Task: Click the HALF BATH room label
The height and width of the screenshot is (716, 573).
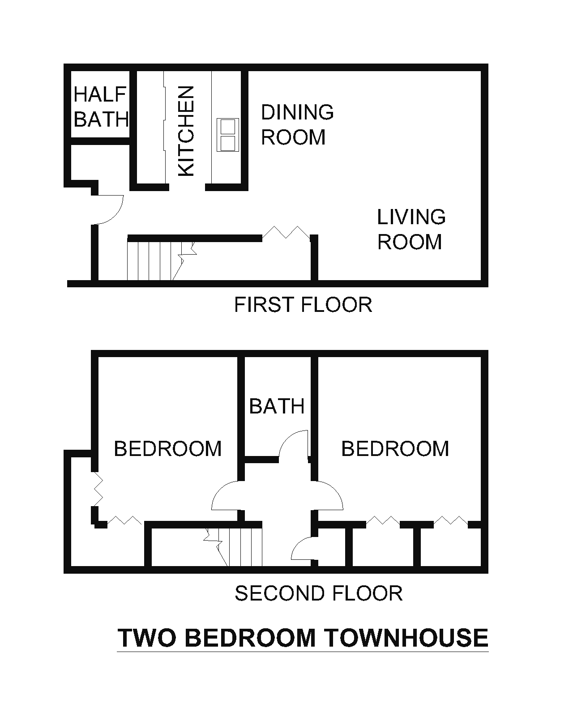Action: tap(101, 107)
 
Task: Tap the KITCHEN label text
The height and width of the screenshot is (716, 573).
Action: tap(186, 131)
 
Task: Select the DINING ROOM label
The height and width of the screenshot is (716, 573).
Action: tap(296, 124)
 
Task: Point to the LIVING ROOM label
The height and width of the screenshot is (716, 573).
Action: tap(411, 229)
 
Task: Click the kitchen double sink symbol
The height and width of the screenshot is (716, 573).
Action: tap(227, 134)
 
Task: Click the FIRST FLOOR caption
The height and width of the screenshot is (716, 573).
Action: tap(303, 305)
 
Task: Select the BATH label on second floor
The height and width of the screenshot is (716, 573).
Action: tap(277, 406)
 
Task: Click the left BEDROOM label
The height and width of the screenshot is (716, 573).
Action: tap(168, 448)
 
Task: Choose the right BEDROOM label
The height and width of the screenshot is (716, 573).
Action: tap(395, 448)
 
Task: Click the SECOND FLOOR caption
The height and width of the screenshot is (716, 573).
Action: tap(318, 593)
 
